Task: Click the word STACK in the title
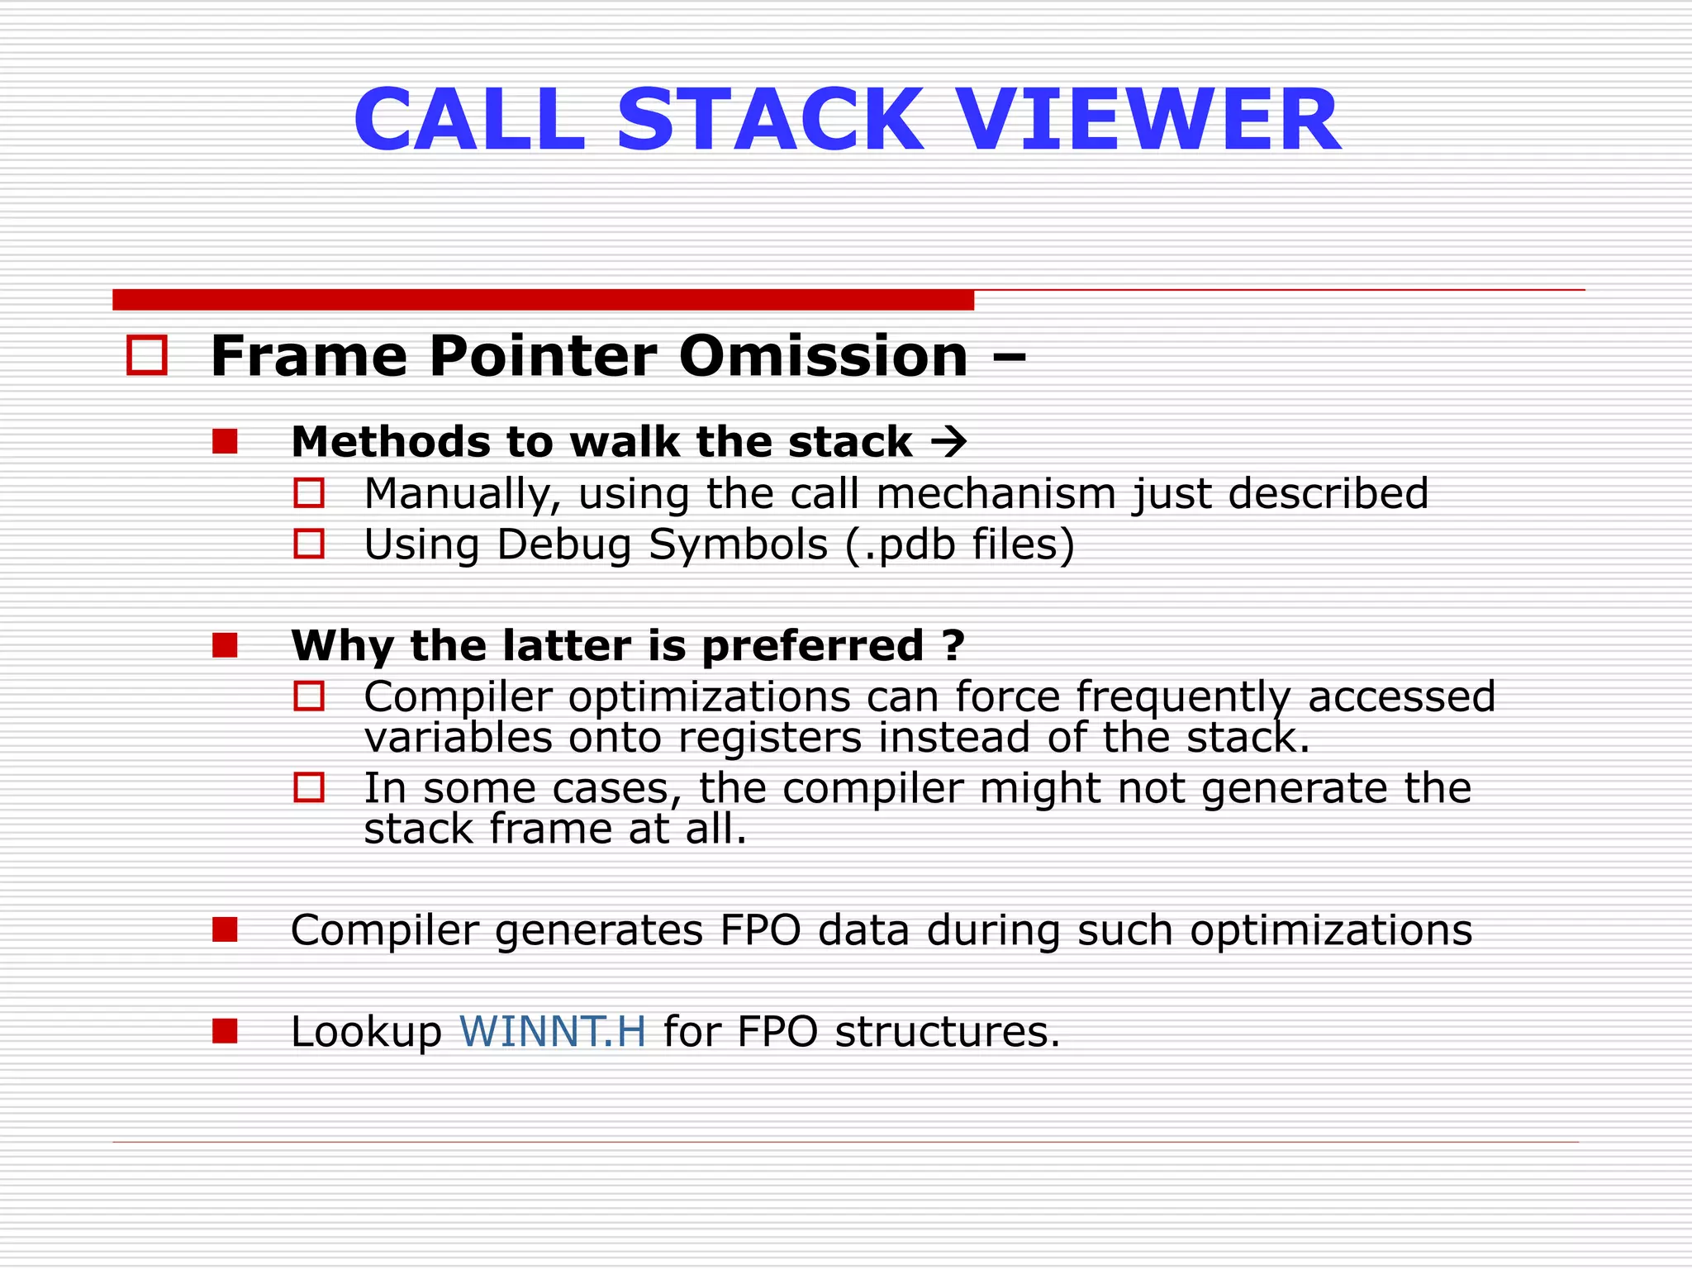(769, 121)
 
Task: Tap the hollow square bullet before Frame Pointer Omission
(147, 355)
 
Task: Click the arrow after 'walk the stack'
(948, 441)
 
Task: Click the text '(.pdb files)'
(960, 544)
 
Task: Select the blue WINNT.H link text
(552, 1031)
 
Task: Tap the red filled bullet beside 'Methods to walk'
(225, 441)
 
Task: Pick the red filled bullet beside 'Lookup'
(225, 1031)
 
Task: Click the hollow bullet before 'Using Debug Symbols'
(309, 544)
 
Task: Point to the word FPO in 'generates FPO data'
(760, 930)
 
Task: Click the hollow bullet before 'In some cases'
(309, 787)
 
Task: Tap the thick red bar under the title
(543, 300)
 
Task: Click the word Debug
(564, 545)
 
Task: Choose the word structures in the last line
(947, 1031)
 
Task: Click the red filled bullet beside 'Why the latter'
(225, 645)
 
